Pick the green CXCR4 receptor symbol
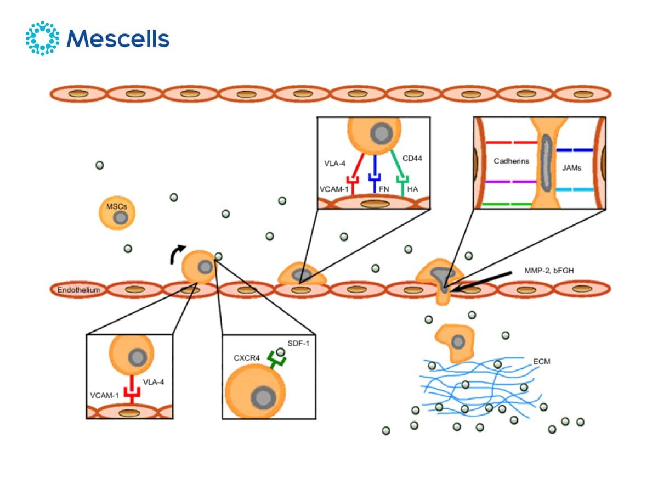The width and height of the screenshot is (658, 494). click(x=277, y=360)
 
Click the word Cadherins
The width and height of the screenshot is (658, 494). click(x=510, y=161)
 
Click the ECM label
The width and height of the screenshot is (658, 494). click(x=541, y=362)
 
